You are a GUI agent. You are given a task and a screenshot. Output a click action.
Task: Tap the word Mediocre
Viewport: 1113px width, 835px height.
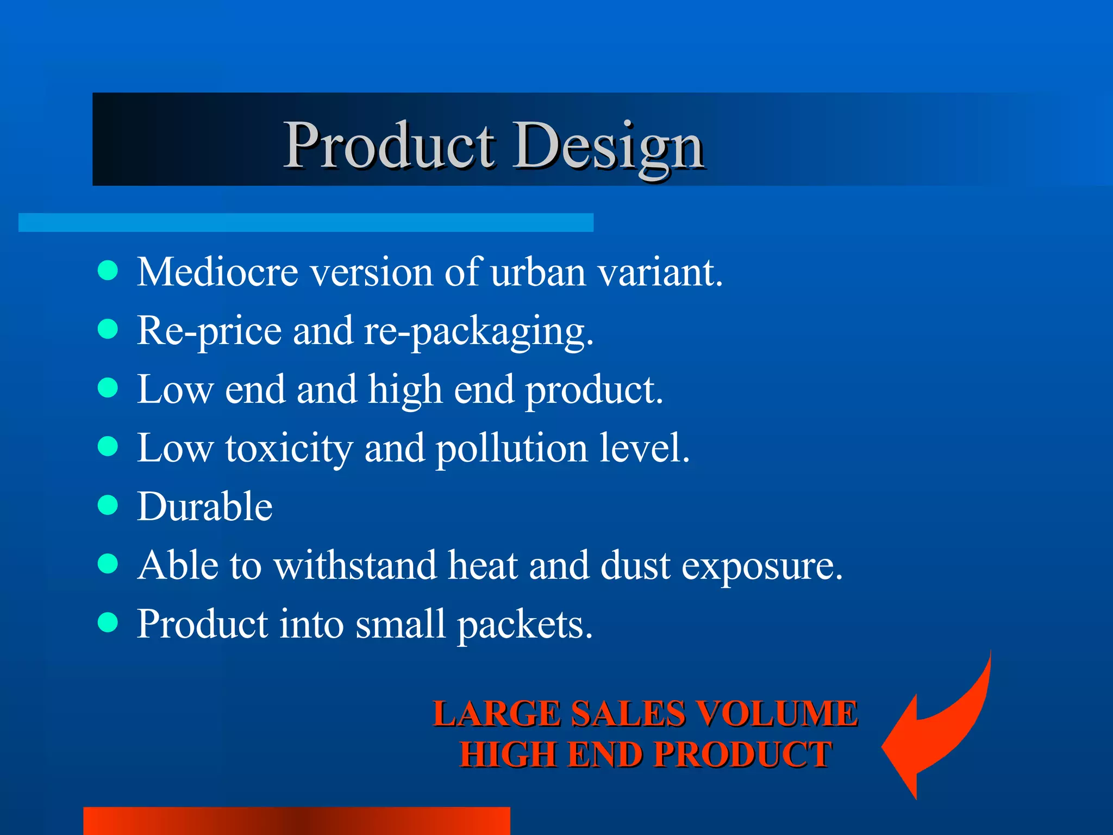(x=217, y=272)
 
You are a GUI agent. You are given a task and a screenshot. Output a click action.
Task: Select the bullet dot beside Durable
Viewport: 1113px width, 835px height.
(x=108, y=504)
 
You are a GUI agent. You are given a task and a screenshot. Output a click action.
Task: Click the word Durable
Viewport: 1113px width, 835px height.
(x=204, y=506)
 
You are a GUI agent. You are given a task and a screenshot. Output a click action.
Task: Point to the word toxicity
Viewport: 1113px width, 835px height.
(x=289, y=449)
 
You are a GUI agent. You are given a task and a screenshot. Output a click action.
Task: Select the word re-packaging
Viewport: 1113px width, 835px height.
(x=478, y=332)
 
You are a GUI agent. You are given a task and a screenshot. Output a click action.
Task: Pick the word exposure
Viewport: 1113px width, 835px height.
(x=762, y=566)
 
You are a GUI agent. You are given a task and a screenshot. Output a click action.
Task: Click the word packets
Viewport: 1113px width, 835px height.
(x=524, y=625)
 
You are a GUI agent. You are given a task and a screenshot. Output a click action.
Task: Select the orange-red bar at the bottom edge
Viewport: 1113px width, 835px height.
(x=296, y=821)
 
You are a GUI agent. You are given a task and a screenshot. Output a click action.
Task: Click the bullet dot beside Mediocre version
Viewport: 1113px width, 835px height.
(x=108, y=270)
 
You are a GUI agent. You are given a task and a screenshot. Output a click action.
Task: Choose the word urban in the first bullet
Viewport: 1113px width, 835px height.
(x=538, y=272)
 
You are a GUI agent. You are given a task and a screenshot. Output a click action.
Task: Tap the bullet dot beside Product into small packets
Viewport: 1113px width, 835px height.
(x=108, y=622)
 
